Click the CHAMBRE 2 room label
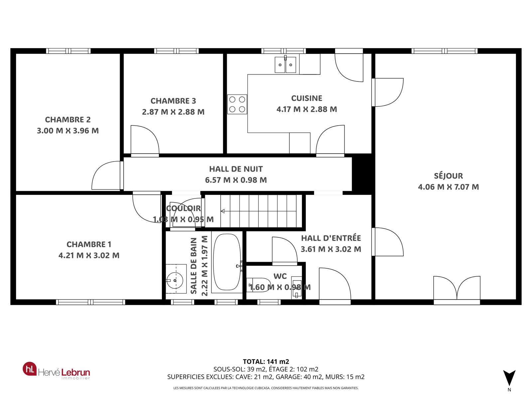tap(68, 119)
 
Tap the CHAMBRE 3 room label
tap(173, 101)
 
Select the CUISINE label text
tap(307, 98)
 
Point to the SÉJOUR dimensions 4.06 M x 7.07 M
tap(449, 187)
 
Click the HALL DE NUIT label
tap(236, 169)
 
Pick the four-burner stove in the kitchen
tap(237, 104)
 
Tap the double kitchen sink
tap(285, 65)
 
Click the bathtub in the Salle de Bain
tap(227, 262)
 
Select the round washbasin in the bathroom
tap(175, 281)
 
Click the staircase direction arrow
tap(223, 211)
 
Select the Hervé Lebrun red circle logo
tap(30, 369)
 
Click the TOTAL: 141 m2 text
tap(266, 361)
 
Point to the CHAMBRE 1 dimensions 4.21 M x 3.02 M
tap(89, 255)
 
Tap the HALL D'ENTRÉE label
tap(331, 238)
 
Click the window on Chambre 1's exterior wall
tap(91, 302)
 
